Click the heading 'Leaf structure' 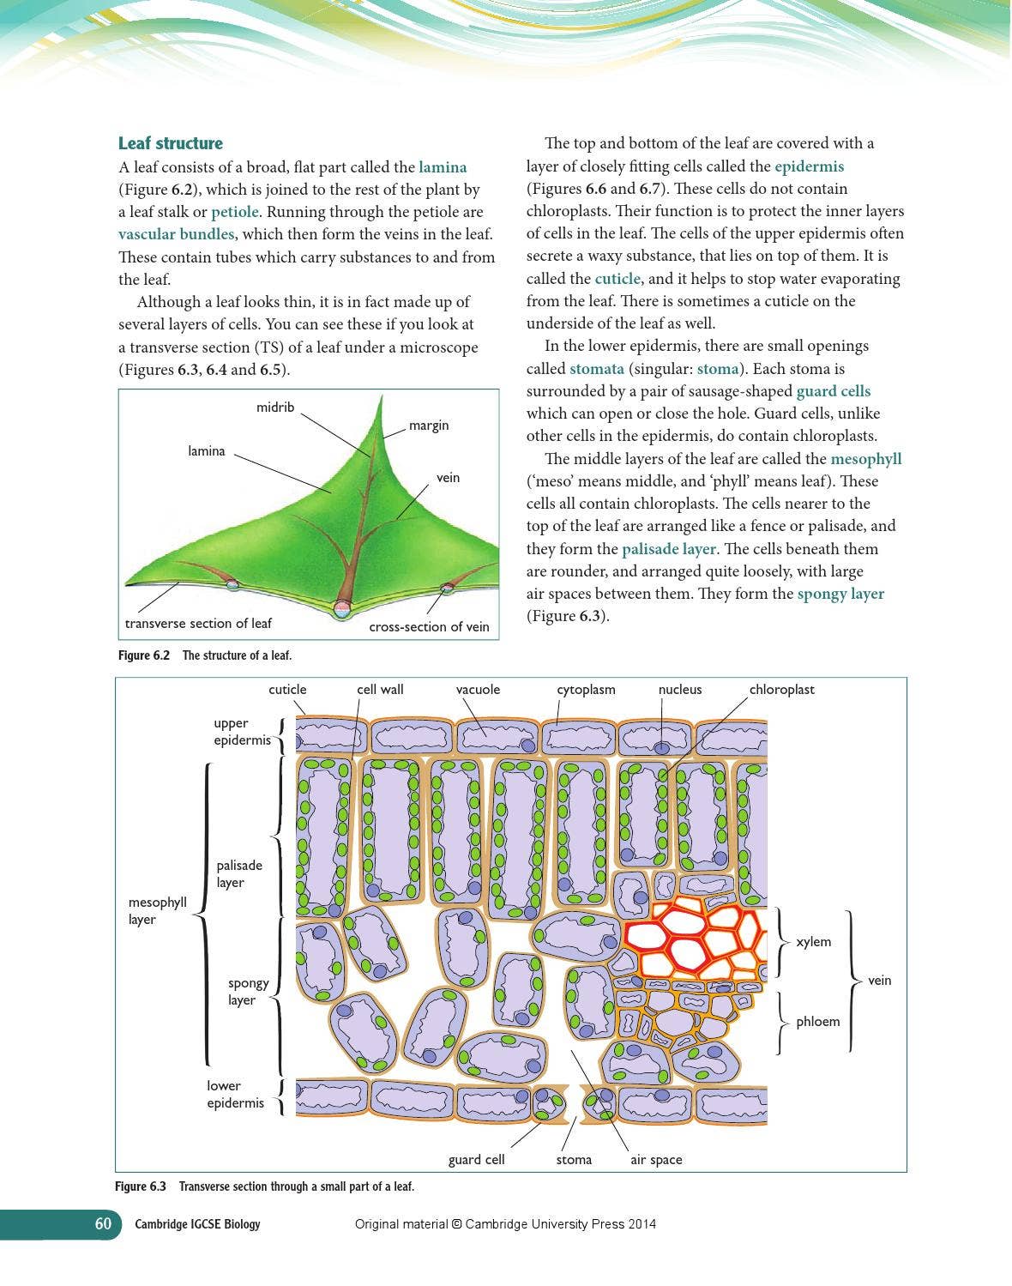(170, 143)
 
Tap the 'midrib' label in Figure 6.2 (275, 408)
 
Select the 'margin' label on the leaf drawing (429, 426)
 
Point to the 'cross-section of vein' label (429, 627)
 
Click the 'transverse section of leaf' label (198, 624)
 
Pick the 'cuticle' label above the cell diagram (287, 690)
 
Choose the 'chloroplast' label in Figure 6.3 (781, 690)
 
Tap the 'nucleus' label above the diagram (680, 690)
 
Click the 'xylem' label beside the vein (813, 942)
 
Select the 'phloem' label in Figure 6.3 (817, 1022)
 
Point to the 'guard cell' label (476, 1160)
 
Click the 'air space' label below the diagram (656, 1160)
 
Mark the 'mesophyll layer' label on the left (157, 911)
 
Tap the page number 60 (103, 1224)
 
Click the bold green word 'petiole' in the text (235, 212)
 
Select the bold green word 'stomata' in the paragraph (597, 369)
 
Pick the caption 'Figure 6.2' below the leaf (144, 655)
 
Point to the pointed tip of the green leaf (379, 397)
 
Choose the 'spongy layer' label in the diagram (248, 992)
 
